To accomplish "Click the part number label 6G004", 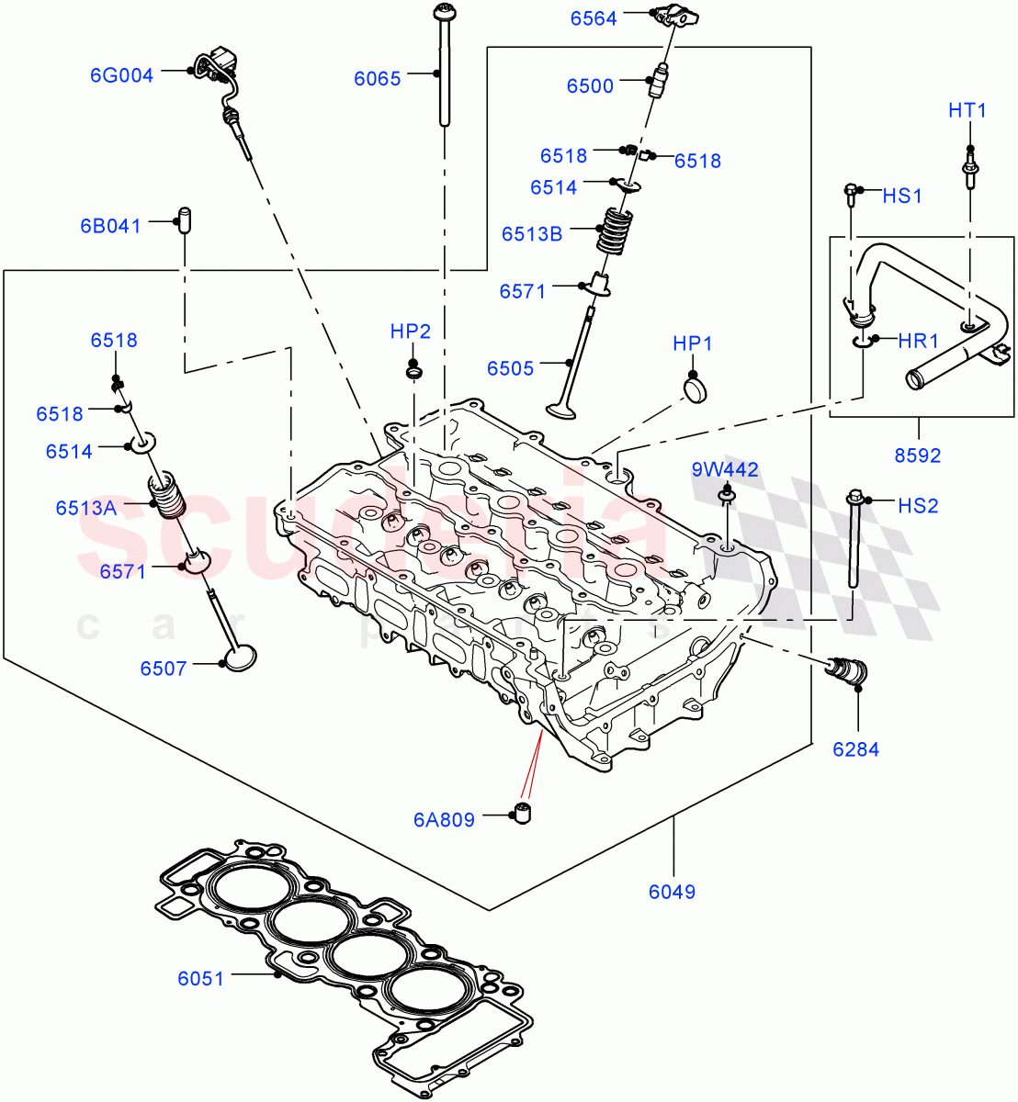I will (x=121, y=75).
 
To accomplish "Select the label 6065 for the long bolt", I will (x=378, y=78).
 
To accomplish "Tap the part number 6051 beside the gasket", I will (x=200, y=979).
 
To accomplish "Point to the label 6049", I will (x=672, y=892).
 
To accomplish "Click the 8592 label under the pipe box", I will (x=917, y=455).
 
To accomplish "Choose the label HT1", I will (x=967, y=111).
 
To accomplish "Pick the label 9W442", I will (x=725, y=470).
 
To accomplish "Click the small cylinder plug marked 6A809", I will (x=524, y=814).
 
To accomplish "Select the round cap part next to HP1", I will (x=698, y=388).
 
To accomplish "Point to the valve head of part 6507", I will (x=239, y=657).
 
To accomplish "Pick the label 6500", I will (x=590, y=86).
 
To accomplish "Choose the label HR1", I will (x=918, y=342).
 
